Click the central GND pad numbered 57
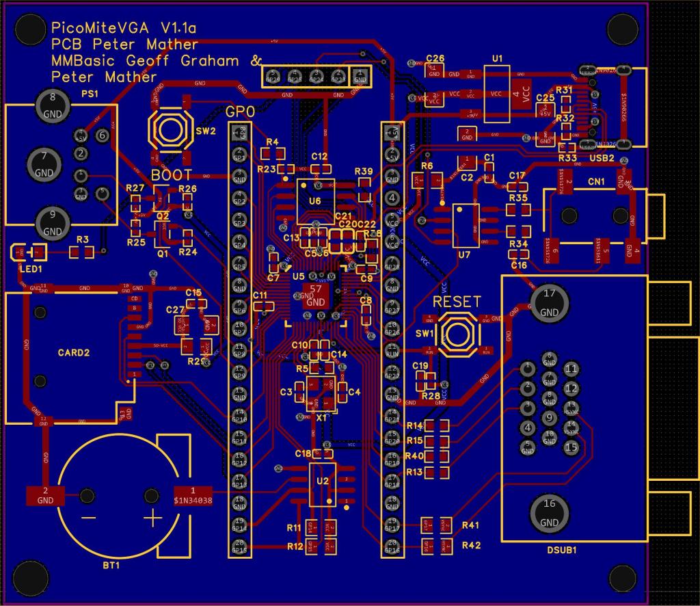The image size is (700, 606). click(x=316, y=294)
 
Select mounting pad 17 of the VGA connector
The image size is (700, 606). click(x=549, y=302)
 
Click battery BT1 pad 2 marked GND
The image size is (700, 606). click(x=45, y=495)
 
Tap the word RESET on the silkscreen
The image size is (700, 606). click(x=457, y=302)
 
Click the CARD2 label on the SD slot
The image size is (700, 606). click(x=75, y=353)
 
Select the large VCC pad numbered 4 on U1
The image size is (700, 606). click(x=524, y=93)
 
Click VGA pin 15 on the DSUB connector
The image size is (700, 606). click(x=571, y=447)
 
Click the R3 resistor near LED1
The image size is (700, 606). click(x=83, y=252)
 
